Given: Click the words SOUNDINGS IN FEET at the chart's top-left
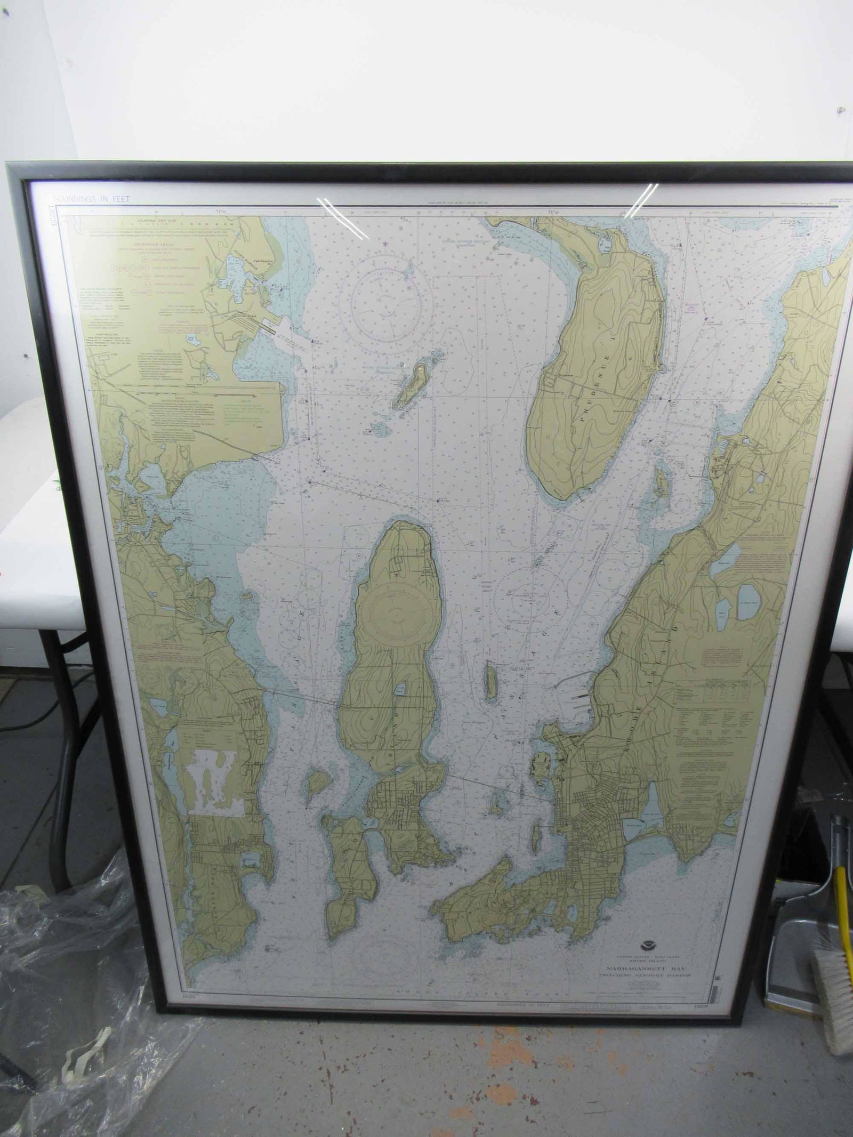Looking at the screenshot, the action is pyautogui.click(x=91, y=199).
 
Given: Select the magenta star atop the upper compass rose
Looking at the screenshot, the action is pyautogui.click(x=384, y=244).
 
